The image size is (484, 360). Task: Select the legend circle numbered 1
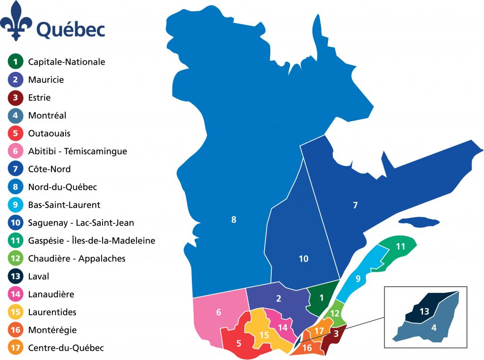15,61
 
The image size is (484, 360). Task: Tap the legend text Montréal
47,115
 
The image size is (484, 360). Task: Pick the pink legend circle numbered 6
15,151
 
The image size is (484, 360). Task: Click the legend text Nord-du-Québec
62,187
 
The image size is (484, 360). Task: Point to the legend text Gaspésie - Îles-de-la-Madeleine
92,241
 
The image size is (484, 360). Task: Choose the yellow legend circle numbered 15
15,312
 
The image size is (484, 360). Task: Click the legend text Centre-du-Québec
66,348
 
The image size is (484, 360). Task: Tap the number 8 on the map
233,220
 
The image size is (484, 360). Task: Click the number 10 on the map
303,259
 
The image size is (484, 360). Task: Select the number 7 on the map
355,205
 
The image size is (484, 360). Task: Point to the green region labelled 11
400,246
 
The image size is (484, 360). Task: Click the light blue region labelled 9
358,279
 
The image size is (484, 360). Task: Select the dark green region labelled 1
321,298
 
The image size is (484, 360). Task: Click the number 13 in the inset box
424,311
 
